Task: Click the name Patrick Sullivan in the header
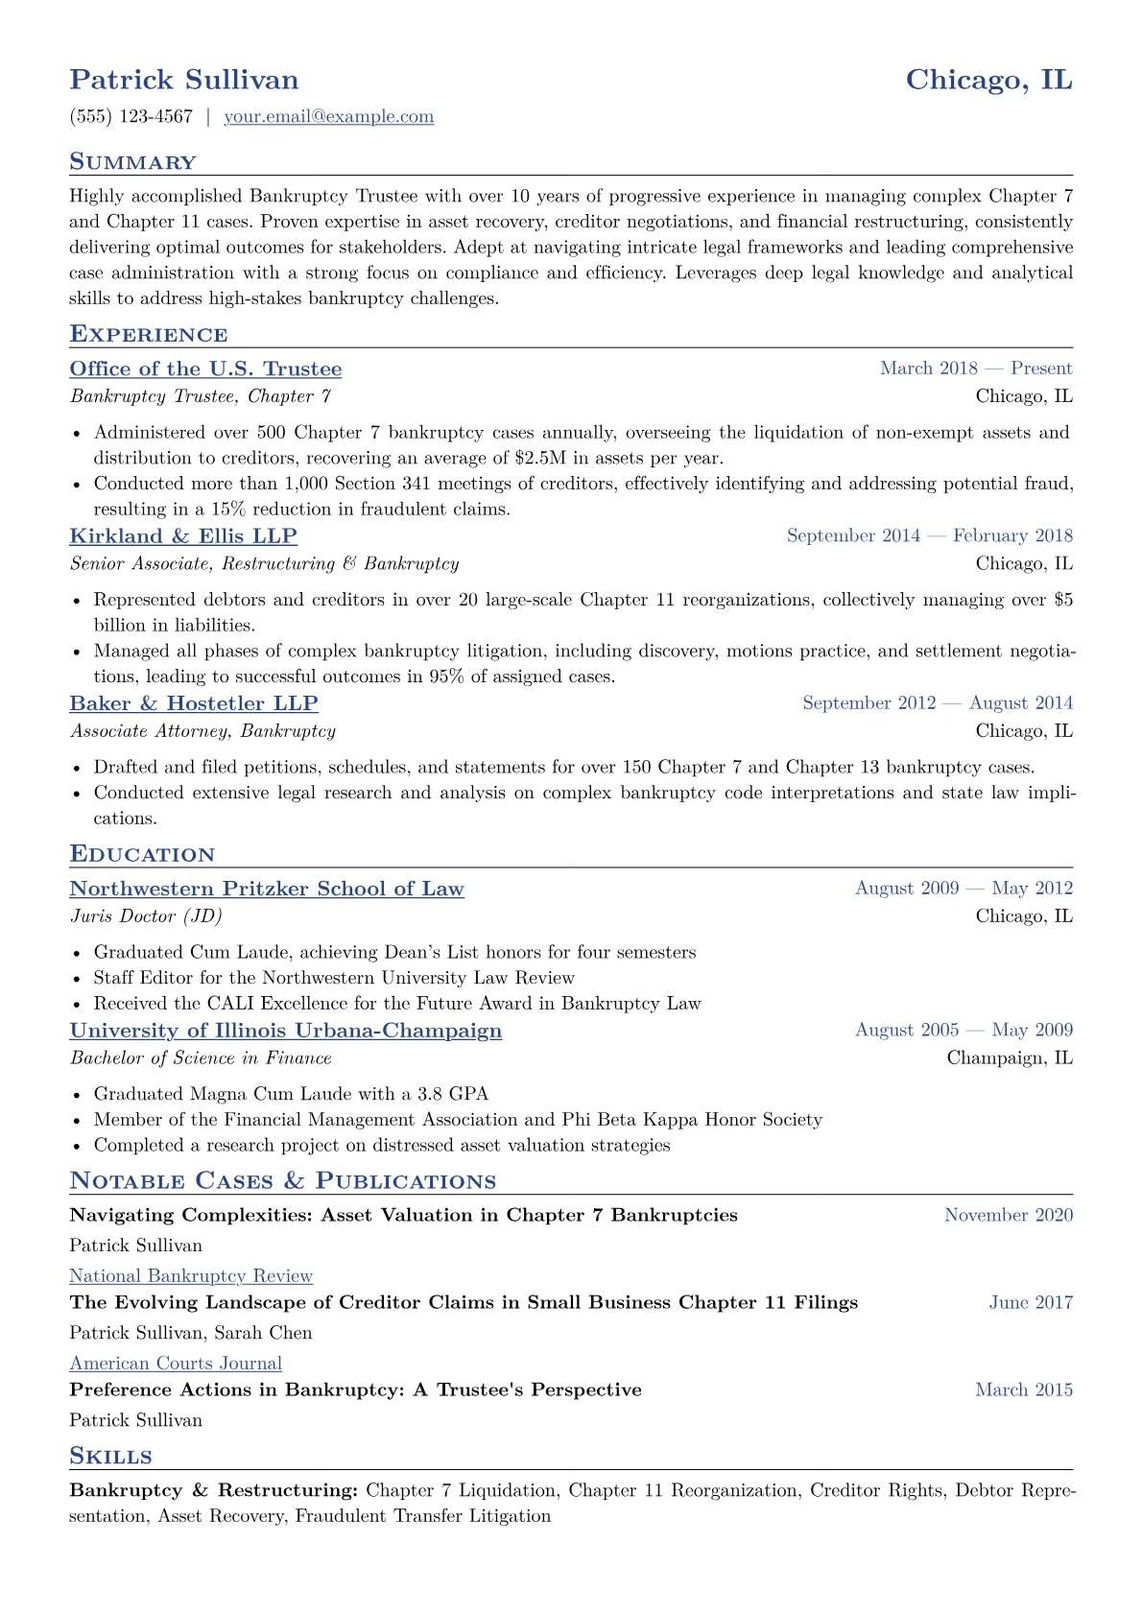[x=184, y=80]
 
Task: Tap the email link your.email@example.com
[x=328, y=117]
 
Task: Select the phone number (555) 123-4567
[x=131, y=117]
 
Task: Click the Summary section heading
[x=132, y=162]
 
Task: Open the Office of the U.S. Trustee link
[x=205, y=369]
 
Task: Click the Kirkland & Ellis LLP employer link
[x=183, y=536]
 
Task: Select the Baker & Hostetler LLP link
[x=194, y=703]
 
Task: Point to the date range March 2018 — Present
[x=976, y=368]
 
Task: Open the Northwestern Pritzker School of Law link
[x=267, y=890]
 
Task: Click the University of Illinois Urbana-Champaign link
[x=286, y=1031]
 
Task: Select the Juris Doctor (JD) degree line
[x=146, y=916]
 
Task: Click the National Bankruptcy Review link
[x=191, y=1276]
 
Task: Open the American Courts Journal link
[x=176, y=1364]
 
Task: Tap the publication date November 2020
[x=1009, y=1216]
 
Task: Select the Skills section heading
[x=110, y=1457]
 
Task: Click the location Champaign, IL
[x=1010, y=1058]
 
